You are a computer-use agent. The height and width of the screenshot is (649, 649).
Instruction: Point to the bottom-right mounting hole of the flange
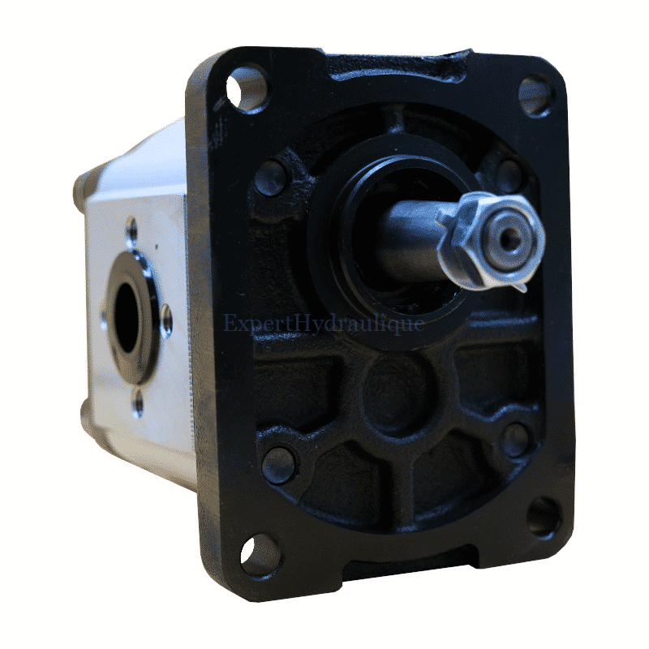coord(543,516)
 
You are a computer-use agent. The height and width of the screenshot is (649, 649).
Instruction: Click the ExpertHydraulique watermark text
coord(324,323)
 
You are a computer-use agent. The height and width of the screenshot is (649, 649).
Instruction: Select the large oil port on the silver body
coord(127,320)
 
